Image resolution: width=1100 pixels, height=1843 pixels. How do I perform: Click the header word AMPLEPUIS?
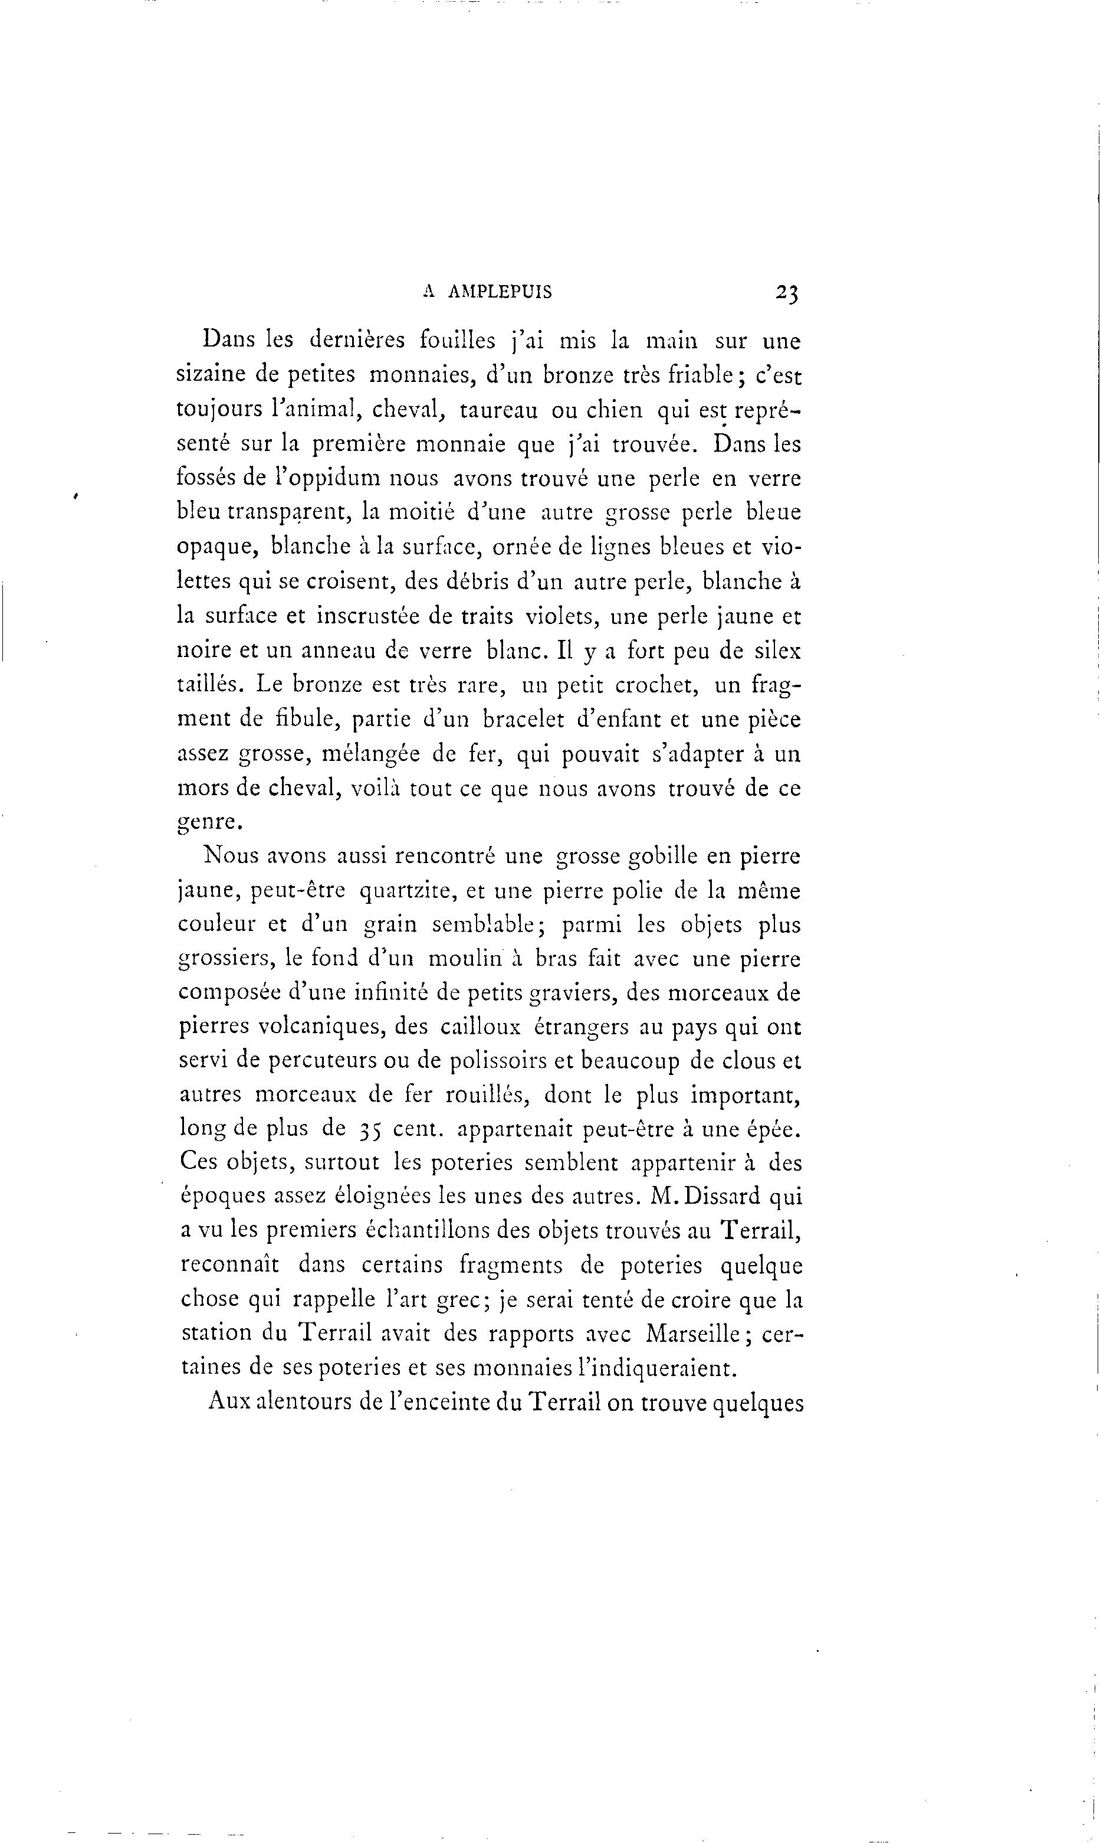click(500, 292)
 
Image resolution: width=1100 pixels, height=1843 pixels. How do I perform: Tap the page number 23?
click(786, 292)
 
